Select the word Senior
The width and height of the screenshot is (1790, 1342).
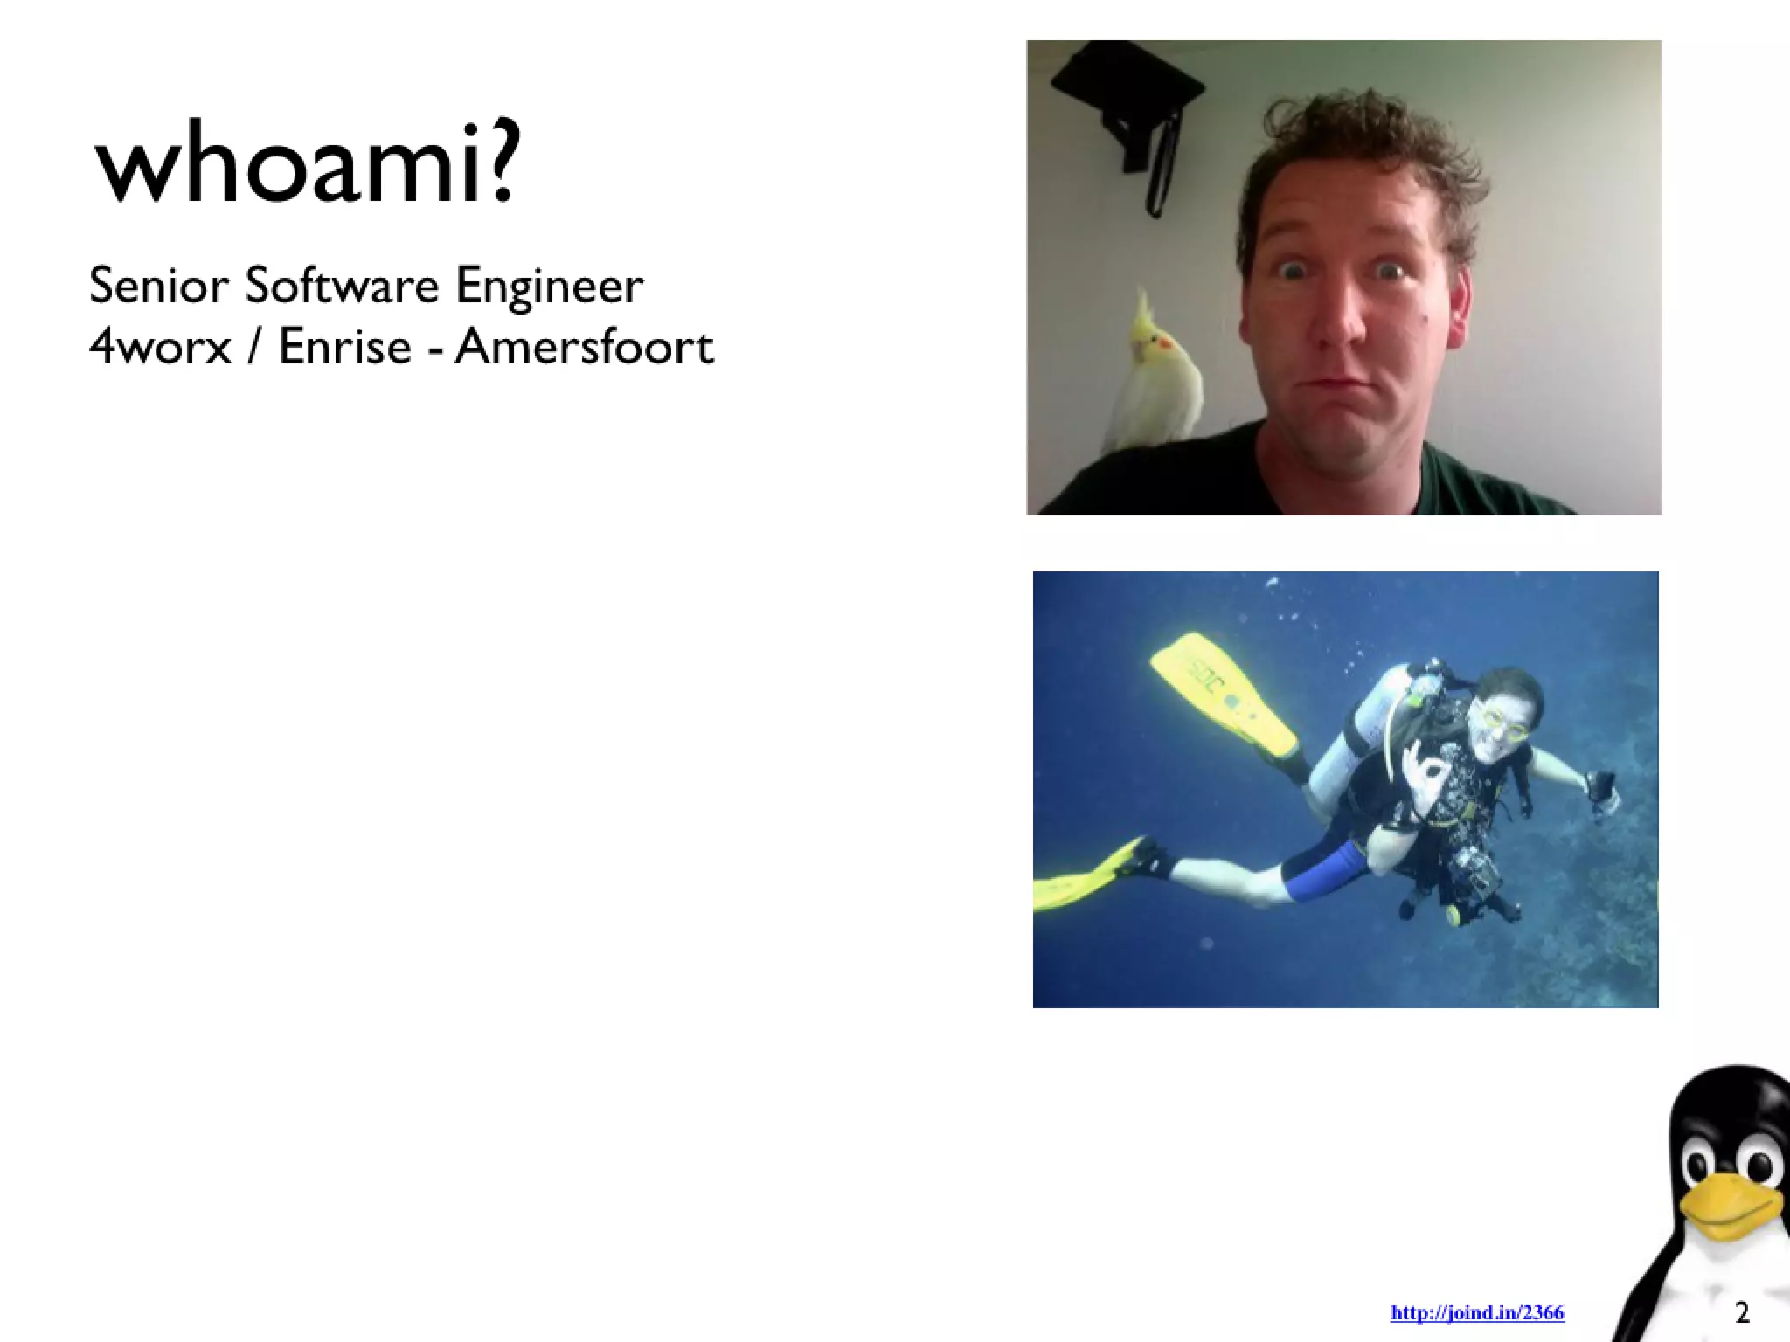[158, 286]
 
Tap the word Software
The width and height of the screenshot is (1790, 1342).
[342, 286]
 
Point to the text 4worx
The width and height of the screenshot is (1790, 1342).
[160, 347]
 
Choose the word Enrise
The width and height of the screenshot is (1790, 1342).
[344, 347]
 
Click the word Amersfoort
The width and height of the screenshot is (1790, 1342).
[584, 347]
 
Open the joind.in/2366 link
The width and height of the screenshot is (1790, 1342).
[1477, 1312]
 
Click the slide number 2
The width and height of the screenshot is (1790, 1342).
[1742, 1312]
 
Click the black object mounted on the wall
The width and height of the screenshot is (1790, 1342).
[1127, 105]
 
